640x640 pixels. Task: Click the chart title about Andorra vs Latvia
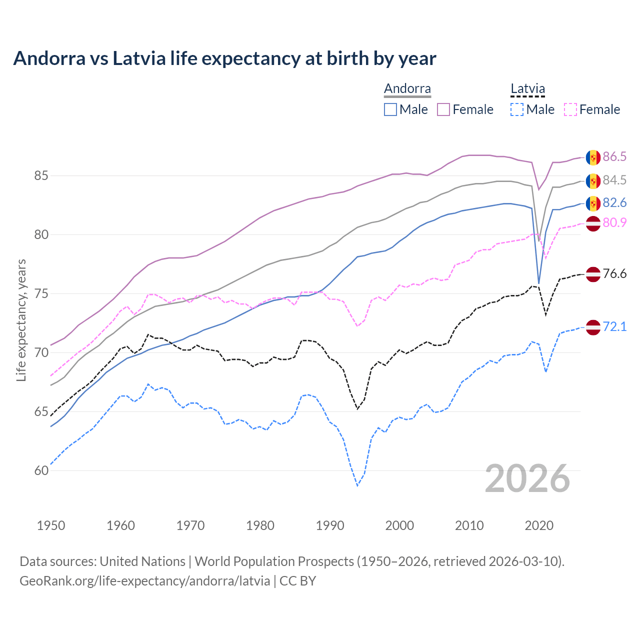(224, 58)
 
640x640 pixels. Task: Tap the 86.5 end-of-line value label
(614, 157)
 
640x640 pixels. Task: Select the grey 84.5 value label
(614, 180)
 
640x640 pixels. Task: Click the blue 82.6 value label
(614, 202)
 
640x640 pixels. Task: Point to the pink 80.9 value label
(614, 222)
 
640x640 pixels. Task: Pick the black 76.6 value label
(614, 273)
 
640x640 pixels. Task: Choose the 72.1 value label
(614, 326)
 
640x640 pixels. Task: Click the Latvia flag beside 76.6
(593, 274)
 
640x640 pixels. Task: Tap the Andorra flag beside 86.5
(593, 157)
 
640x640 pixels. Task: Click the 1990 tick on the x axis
(329, 525)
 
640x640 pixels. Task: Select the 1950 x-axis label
(51, 525)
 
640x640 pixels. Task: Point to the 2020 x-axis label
(538, 525)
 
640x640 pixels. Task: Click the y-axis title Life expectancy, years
(21, 320)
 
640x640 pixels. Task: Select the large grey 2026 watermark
(527, 478)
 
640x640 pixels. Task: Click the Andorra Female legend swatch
(443, 109)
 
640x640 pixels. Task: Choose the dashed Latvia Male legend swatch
(517, 109)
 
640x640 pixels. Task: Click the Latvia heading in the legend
(527, 89)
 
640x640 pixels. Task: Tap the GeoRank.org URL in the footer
(144, 581)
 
